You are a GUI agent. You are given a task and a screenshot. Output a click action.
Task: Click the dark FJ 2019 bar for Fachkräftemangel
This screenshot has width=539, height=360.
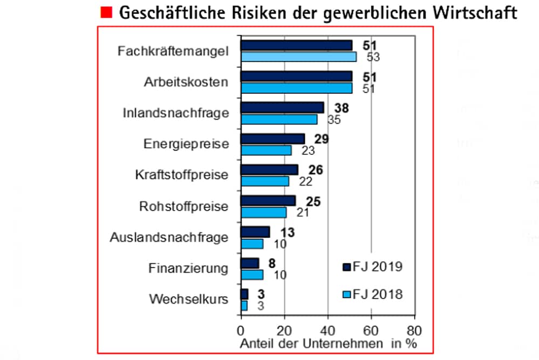pos(296,45)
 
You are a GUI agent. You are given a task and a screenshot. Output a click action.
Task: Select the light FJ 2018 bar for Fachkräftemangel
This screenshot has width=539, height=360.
pos(298,57)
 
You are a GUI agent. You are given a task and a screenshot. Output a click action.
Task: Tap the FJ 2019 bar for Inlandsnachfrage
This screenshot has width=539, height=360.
pos(282,107)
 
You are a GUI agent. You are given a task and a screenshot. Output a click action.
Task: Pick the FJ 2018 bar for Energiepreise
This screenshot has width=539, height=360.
pos(266,150)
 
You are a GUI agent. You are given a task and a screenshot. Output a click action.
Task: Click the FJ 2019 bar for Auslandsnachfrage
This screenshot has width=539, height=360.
pos(255,232)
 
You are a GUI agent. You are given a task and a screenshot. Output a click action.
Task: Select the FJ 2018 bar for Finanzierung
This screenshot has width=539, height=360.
pos(251,274)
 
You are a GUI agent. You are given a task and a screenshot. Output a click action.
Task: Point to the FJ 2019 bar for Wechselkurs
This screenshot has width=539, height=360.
pos(244,294)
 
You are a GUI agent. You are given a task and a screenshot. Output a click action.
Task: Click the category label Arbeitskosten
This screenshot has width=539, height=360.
pos(186,82)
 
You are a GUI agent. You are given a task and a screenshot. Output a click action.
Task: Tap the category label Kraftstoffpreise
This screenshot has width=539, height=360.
pos(182,175)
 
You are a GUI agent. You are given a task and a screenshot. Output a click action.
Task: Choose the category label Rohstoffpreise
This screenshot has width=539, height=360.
pos(183,206)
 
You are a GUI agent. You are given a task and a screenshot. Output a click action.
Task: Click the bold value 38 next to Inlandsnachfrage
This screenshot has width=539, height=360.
pos(342,108)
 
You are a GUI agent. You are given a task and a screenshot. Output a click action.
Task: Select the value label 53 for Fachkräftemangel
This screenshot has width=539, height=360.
pos(373,57)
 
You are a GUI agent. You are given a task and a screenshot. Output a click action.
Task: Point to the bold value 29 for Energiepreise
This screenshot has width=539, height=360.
pos(322,139)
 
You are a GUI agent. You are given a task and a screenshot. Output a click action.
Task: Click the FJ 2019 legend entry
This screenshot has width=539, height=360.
pos(373,267)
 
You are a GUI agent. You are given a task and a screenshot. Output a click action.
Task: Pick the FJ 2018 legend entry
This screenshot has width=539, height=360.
pos(373,295)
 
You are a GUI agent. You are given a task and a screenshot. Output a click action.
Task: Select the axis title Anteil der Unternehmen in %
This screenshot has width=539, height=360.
pos(328,343)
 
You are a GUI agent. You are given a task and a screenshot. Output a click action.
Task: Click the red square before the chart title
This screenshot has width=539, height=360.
pos(106,12)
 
